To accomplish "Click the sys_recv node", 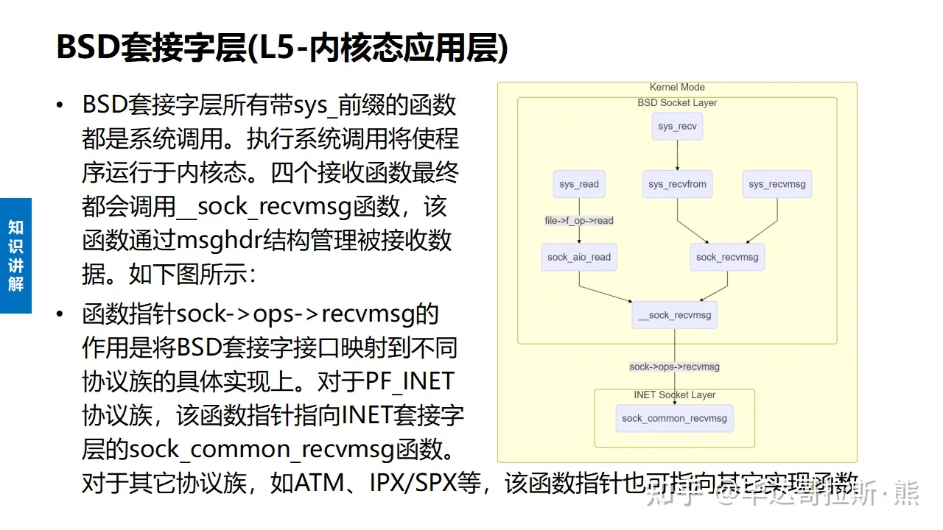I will click(677, 126).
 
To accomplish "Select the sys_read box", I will click(579, 184).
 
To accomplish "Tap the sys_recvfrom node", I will click(677, 184).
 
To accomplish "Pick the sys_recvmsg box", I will click(777, 184).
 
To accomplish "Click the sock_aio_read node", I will click(579, 257).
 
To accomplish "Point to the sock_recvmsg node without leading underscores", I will click(726, 257).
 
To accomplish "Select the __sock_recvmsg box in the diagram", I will click(675, 315).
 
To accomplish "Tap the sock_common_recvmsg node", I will click(674, 418).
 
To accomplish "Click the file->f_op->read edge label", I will click(579, 220).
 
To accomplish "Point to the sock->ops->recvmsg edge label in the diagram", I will click(674, 367).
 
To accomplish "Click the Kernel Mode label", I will click(677, 88).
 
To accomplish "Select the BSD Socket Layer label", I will click(677, 103).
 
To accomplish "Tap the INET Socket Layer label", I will click(674, 395).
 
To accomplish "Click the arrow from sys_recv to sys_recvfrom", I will click(677, 156).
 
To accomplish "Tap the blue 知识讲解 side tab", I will click(15, 255).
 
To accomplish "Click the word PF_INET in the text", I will click(410, 381).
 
